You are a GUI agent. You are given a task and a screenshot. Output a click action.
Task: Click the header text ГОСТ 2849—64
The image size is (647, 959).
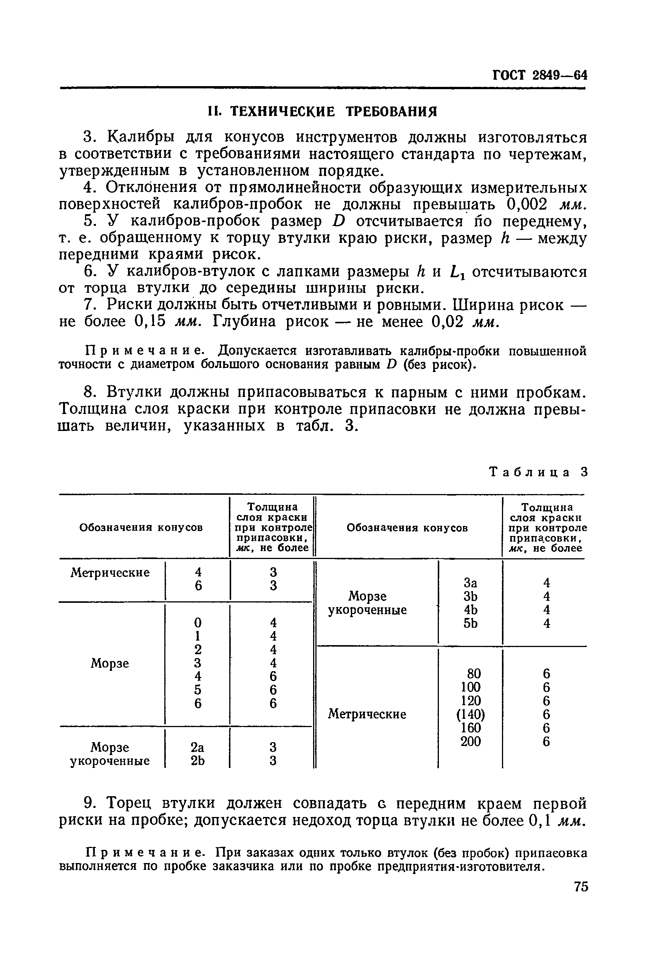540,76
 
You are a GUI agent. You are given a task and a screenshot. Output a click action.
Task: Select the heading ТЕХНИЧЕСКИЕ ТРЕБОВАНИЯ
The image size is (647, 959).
322,111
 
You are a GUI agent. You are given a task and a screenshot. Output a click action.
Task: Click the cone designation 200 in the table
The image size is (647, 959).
470,741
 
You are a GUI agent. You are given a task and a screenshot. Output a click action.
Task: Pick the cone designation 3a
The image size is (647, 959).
470,583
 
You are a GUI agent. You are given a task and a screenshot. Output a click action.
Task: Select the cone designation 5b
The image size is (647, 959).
470,624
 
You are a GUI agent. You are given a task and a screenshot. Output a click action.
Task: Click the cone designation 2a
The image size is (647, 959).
198,747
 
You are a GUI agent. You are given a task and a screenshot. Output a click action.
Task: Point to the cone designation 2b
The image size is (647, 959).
198,761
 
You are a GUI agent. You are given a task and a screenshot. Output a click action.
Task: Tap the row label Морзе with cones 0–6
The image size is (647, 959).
110,663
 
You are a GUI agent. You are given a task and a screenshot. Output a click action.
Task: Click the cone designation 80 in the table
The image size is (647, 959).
474,674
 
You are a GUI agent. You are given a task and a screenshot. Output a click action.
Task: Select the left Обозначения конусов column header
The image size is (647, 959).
141,527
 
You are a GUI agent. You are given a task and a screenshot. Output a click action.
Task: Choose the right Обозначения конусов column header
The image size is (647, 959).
407,527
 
